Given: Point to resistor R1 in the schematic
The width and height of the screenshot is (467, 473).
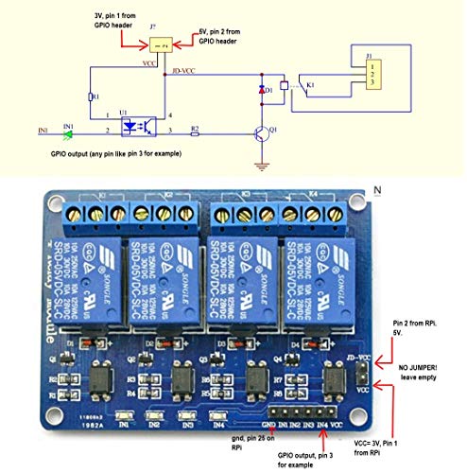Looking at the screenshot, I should [x=92, y=96].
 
